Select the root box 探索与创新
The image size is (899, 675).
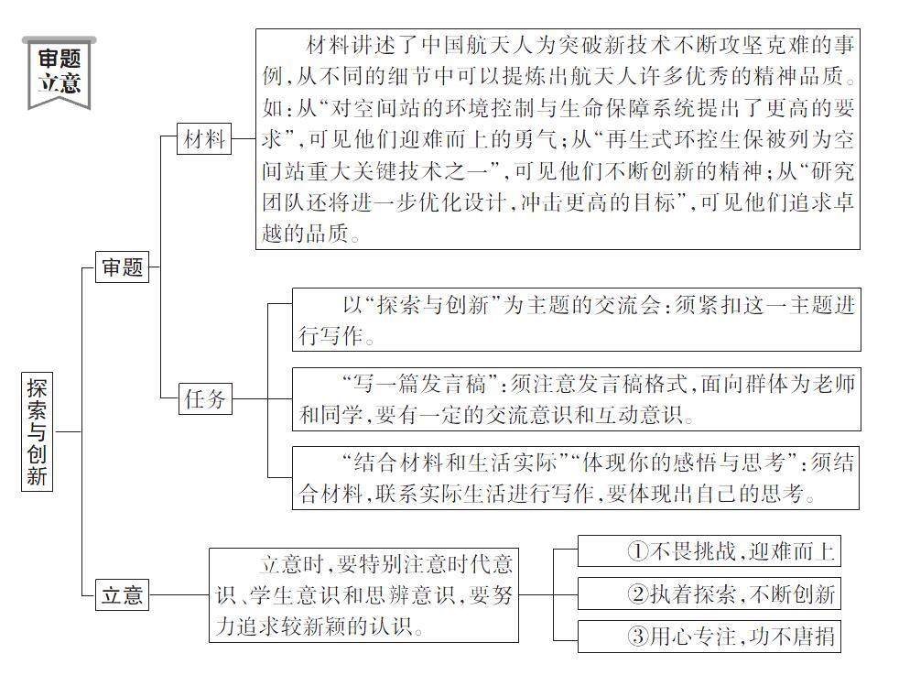37,430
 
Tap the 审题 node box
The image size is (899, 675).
122,267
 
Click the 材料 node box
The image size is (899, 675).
203,139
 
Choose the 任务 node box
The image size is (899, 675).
203,398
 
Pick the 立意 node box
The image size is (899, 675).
122,595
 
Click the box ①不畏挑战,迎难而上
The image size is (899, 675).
708,550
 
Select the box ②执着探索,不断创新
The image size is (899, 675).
708,593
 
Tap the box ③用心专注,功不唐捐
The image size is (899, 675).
708,636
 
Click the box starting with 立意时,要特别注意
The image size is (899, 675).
363,595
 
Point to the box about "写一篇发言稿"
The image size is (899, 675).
576,398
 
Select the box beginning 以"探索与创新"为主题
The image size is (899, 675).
576,320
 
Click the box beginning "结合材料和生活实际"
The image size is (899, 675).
576,477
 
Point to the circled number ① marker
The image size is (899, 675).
638,551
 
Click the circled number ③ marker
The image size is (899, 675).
638,637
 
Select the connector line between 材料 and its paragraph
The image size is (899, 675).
243,139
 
